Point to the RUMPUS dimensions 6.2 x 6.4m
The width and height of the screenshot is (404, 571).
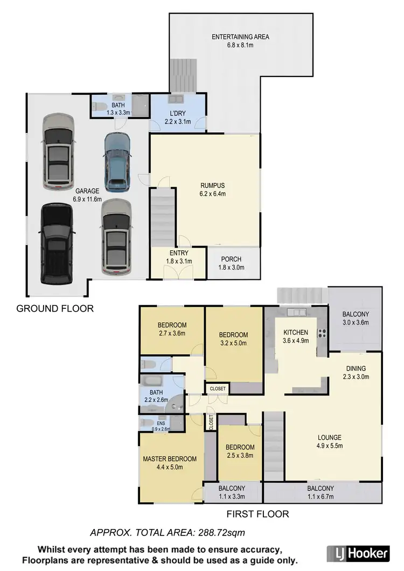coord(212,194)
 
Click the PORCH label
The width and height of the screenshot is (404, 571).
coord(231,259)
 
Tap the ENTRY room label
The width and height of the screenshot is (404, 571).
coord(178,253)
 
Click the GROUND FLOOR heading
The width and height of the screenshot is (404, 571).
coord(55,308)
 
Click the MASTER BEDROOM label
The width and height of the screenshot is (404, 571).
coord(170,459)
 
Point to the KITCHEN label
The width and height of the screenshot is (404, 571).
coord(296,333)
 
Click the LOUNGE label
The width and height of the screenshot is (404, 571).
coord(329,437)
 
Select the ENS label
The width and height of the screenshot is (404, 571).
coord(146,423)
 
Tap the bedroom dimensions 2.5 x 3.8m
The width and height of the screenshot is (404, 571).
coord(240,455)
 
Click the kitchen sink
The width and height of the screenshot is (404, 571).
coord(296,312)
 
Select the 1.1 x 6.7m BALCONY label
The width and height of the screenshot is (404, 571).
coord(321,489)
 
